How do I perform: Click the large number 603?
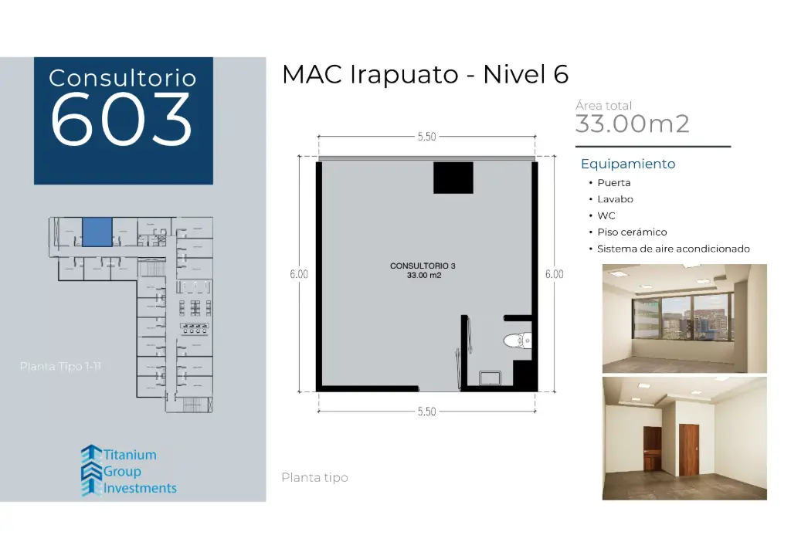122,120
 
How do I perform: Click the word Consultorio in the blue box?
122,78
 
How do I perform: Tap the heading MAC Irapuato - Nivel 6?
425,75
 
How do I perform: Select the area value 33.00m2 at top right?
632,124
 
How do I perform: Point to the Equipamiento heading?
628,164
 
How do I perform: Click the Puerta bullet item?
613,183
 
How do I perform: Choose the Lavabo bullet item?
615,199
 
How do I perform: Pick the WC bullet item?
606,216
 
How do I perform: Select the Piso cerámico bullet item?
631,232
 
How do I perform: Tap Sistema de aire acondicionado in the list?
673,249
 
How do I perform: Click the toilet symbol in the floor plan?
516,340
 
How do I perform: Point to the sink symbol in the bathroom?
490,378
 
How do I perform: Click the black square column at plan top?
453,178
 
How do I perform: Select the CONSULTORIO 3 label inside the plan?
423,266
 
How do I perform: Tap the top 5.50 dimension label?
426,137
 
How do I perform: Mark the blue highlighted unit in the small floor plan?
97,232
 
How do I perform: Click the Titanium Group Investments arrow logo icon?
91,470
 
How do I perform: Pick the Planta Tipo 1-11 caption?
60,366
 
